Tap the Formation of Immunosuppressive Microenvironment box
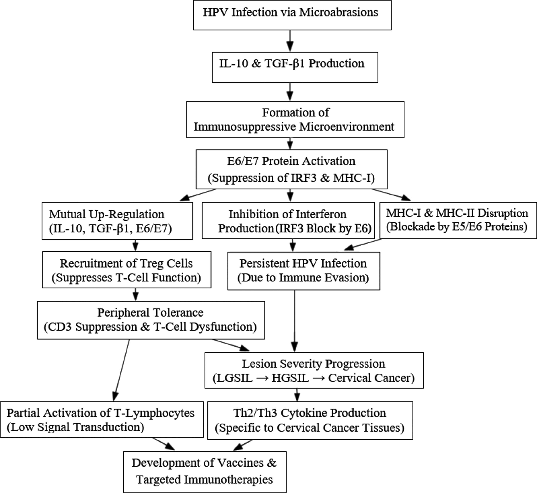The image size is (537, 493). tap(295, 119)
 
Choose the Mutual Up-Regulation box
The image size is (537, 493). tap(117, 221)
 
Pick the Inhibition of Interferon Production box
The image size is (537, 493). tap(288, 220)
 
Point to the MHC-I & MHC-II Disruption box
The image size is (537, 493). tap(458, 220)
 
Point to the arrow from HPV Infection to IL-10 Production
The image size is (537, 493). tap(290, 41)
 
